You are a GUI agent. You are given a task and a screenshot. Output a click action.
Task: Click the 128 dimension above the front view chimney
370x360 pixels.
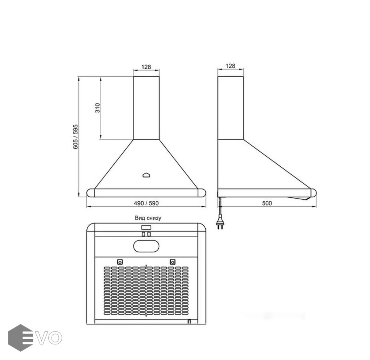click(x=146, y=67)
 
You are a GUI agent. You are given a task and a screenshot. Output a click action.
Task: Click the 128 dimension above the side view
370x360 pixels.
click(x=230, y=66)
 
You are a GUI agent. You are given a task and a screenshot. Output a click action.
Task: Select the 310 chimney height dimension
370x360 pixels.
click(x=98, y=108)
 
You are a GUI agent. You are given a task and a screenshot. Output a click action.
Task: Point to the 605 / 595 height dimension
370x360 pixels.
click(x=76, y=136)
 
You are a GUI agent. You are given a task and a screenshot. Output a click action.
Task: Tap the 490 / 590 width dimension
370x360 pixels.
click(x=146, y=203)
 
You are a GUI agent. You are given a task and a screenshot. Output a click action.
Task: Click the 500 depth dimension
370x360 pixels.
click(x=267, y=203)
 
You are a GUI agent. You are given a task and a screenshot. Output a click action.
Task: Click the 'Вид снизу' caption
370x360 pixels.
click(x=148, y=218)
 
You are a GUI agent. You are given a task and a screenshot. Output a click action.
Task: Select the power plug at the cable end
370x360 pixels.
click(x=220, y=224)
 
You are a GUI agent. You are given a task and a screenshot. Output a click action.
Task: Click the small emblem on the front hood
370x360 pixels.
click(x=146, y=175)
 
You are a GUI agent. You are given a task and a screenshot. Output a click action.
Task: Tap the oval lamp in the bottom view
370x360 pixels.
click(x=146, y=246)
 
